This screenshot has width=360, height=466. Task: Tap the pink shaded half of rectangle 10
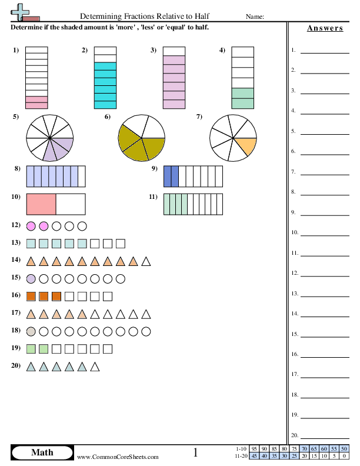pos(41,204)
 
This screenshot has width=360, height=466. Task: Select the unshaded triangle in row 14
pos(146,261)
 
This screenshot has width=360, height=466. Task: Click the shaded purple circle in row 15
pos(31,279)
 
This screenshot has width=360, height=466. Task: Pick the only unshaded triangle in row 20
pos(95,367)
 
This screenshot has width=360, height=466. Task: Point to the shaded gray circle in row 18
pos(31,331)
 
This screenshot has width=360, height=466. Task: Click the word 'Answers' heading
pos(325,28)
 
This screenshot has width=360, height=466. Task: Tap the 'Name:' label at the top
pos(255,16)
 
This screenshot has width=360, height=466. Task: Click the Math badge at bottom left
pos(42,452)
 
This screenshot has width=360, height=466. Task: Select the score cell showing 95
pos(254,449)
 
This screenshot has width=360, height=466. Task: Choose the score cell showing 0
pos(344,456)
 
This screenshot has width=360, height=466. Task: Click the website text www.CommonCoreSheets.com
pos(118,457)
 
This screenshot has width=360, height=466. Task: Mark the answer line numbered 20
pos(325,438)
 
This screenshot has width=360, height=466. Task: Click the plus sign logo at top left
pos(20,12)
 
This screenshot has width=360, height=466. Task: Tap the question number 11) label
pos(154,197)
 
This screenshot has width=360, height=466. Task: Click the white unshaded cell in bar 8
pos(82,177)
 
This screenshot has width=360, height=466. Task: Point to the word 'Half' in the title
pos(202,16)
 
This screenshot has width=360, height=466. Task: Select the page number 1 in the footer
pos(195,452)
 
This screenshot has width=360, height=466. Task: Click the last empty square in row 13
pos(121,244)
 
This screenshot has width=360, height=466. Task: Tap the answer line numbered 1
pos(325,53)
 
